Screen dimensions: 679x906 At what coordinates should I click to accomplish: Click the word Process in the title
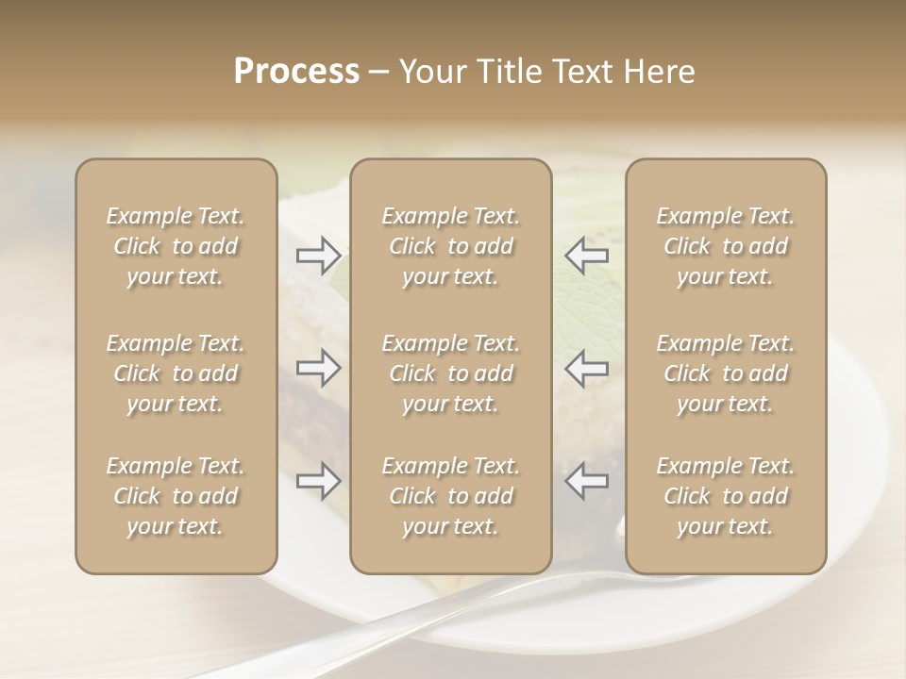(296, 72)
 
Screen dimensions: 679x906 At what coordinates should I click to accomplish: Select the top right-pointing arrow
(318, 255)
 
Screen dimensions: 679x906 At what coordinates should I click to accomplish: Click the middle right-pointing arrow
(318, 368)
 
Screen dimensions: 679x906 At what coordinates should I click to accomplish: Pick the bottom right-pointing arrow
(318, 481)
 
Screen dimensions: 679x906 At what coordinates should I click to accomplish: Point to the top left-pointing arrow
(586, 255)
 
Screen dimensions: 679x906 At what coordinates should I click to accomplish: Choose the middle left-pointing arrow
(586, 368)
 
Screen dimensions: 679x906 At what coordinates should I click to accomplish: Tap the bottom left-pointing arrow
(586, 481)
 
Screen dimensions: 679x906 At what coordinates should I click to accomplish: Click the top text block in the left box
(176, 246)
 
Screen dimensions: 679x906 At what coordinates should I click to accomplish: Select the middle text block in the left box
(176, 373)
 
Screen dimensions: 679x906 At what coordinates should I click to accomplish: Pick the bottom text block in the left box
(176, 496)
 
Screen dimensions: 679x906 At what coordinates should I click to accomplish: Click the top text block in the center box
(450, 246)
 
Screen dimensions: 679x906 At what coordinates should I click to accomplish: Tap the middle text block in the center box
(450, 373)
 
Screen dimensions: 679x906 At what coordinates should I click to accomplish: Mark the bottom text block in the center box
(450, 496)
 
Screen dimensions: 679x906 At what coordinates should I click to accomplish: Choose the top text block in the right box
(726, 246)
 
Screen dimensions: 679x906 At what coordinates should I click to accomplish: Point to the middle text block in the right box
(726, 373)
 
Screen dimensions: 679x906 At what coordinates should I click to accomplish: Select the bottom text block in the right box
(726, 496)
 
